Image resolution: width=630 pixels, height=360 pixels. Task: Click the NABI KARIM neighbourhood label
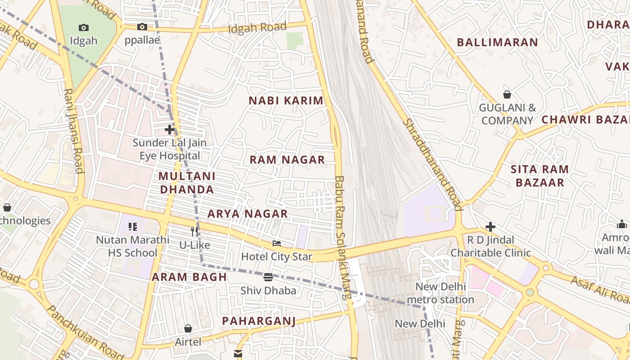click(286, 101)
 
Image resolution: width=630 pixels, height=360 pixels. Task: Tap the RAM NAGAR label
click(287, 160)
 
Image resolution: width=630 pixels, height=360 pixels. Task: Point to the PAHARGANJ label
click(259, 321)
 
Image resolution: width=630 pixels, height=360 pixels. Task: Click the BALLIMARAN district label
click(497, 42)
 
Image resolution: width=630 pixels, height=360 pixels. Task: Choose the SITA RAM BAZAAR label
click(540, 176)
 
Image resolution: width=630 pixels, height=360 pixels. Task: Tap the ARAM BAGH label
click(189, 277)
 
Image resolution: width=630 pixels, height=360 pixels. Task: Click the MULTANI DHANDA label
click(187, 183)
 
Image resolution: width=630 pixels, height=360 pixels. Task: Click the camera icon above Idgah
click(84, 27)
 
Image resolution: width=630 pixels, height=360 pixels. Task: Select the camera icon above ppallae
click(142, 27)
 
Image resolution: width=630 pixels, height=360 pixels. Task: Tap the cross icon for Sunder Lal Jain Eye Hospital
click(170, 130)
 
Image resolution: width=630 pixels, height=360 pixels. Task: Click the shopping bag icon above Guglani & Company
click(507, 94)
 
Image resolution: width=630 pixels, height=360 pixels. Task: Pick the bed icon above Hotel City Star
click(277, 243)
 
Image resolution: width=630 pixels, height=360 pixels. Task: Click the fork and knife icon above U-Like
click(194, 232)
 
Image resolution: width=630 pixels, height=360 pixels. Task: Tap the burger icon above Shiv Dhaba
click(268, 277)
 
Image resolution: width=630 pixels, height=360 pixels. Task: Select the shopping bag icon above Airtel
click(188, 329)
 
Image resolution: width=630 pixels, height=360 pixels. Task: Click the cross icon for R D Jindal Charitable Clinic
click(490, 227)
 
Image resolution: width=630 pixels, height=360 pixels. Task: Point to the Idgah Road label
click(257, 27)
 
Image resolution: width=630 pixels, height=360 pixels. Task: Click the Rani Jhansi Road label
click(73, 130)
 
